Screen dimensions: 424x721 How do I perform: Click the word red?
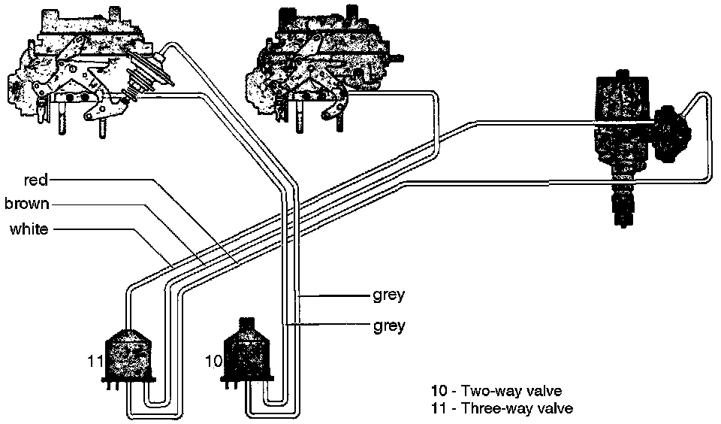[x=36, y=180]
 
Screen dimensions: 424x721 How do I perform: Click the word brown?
[x=27, y=204]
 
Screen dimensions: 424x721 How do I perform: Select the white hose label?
[x=29, y=229]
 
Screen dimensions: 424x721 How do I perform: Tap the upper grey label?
[x=388, y=295]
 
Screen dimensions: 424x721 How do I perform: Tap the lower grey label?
[x=388, y=326]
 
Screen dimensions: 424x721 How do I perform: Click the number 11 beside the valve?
[x=95, y=362]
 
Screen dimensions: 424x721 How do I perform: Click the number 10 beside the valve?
[x=213, y=362]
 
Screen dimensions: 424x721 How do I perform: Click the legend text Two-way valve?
[x=511, y=391]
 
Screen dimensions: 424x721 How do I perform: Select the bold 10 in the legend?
[x=439, y=391]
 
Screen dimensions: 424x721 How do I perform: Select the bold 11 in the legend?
[x=439, y=409]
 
